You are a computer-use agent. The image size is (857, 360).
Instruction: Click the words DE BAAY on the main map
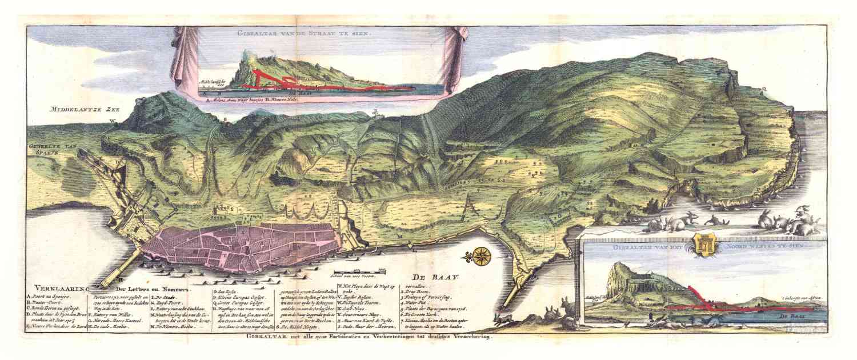[x=437, y=277]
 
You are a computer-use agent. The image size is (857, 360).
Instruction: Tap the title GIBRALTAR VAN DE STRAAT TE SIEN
[x=305, y=34]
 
